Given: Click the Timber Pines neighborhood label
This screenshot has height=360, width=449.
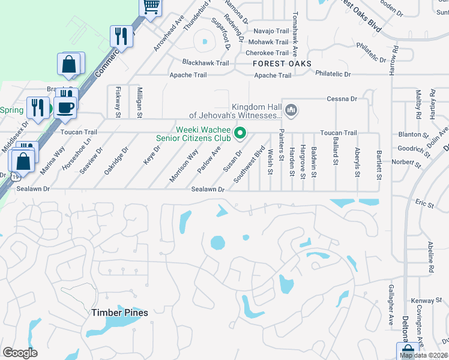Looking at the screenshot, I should point(119,313).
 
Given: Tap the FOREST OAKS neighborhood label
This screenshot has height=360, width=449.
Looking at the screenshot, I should point(282,64).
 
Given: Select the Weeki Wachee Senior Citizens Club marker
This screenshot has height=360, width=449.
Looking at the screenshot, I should point(241,133).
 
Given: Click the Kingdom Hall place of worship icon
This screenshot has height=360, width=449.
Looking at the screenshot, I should point(291,110).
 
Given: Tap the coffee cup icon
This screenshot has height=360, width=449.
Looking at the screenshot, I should point(65,107).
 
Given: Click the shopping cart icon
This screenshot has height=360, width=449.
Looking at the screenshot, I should point(151,7).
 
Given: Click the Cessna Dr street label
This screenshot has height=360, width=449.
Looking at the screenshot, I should point(342,99).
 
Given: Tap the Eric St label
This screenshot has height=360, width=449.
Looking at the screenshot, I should point(424,205).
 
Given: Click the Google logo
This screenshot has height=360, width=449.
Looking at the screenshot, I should point(20,353).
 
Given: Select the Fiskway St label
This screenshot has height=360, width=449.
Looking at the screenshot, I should point(118,101).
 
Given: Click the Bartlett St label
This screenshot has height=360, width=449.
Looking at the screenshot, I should point(379,164).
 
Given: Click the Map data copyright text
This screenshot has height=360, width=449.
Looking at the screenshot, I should point(424,355).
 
